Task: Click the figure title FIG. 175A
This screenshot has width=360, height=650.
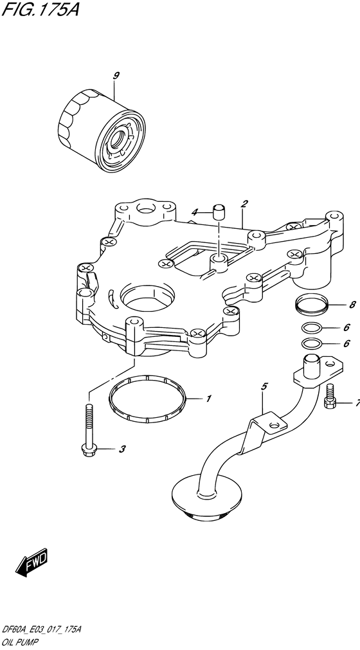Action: coord(40,9)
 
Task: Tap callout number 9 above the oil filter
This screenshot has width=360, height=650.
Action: coord(116,75)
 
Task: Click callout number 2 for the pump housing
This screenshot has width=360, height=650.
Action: coord(244,204)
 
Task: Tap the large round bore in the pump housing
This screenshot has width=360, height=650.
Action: coord(147,297)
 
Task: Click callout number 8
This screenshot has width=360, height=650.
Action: coord(352,305)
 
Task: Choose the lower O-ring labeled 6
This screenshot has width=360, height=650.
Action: coord(310,344)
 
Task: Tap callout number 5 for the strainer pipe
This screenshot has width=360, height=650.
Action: coord(264,387)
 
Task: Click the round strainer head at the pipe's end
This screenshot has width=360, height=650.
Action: coord(206,497)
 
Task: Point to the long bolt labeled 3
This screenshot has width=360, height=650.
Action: coord(88,431)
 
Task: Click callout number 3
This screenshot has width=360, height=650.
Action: coord(122,449)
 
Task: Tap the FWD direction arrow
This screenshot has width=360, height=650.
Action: coord(32,562)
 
